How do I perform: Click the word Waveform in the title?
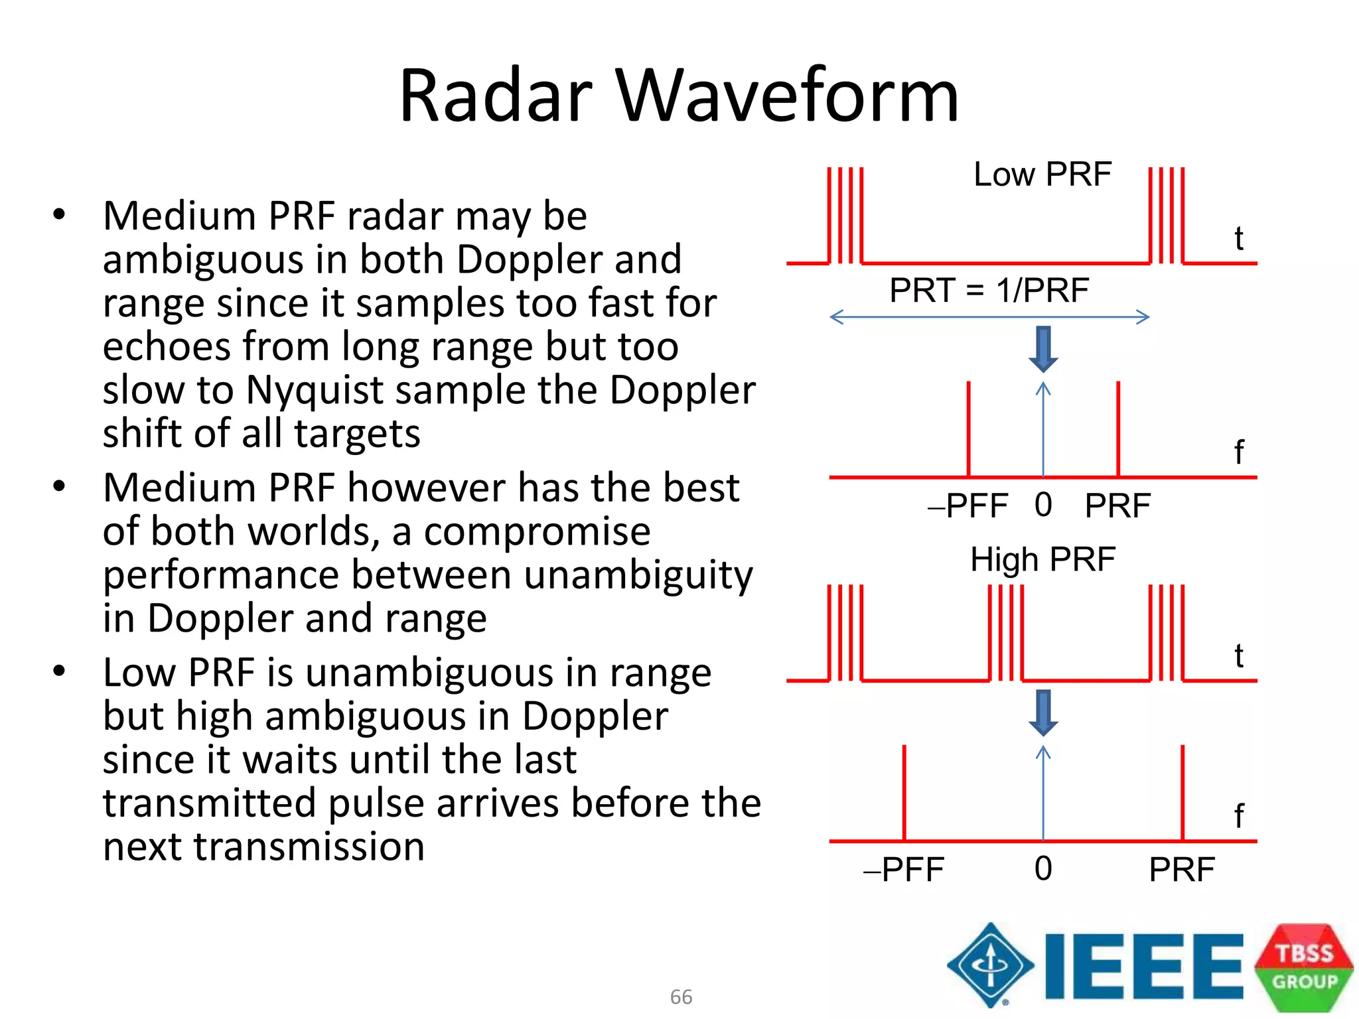[x=788, y=96]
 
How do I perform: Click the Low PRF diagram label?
[x=1042, y=174]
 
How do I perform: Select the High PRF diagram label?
[x=1042, y=559]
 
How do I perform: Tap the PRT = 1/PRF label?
[x=989, y=291]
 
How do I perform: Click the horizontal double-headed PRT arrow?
[x=989, y=317]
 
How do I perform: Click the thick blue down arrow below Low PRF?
[x=1043, y=349]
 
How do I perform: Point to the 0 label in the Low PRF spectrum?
[x=1043, y=505]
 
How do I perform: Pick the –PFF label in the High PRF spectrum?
[x=904, y=869]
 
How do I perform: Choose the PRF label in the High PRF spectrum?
[x=1182, y=869]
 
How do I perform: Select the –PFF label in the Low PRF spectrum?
[x=968, y=506]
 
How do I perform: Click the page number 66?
[x=681, y=996]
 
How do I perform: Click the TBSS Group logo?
[x=1304, y=967]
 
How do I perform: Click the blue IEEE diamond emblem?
[x=990, y=965]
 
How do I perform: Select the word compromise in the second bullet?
[x=537, y=531]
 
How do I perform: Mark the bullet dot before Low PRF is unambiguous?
[x=60, y=671]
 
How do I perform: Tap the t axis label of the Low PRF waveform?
[x=1238, y=238]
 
